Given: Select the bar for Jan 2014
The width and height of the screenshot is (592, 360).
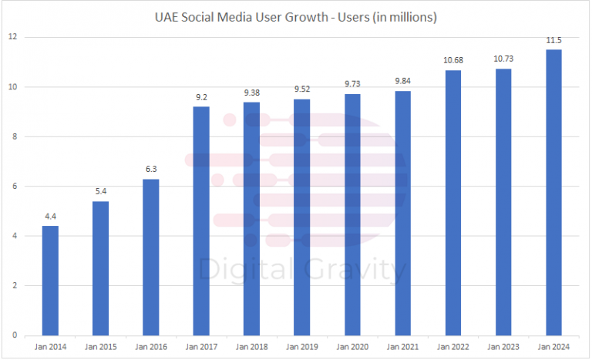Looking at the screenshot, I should [x=50, y=281].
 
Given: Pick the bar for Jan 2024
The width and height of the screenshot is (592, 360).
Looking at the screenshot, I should [x=553, y=193].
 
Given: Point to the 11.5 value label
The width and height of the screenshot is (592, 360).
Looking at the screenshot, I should [x=553, y=41].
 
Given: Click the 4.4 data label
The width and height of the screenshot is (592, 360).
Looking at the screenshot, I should [x=50, y=217].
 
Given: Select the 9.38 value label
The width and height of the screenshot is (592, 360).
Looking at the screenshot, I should [x=251, y=93].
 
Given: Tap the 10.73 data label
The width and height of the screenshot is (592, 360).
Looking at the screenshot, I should [x=503, y=60].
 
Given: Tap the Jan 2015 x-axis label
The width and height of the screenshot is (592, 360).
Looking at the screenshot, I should [x=100, y=348].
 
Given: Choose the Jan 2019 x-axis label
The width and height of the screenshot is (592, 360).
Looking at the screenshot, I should [x=301, y=348].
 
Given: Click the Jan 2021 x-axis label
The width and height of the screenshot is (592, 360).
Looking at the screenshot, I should [x=402, y=348].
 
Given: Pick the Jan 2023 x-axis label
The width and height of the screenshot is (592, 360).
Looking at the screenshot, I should [x=503, y=348].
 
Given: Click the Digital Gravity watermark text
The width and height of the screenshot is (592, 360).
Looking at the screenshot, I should [x=302, y=270].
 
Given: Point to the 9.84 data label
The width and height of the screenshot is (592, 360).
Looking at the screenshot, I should [x=402, y=82].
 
